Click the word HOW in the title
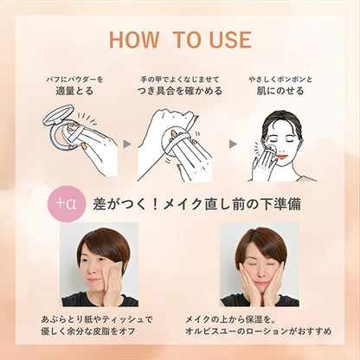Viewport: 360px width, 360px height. click(134, 40)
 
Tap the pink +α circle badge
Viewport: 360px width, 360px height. click(67, 203)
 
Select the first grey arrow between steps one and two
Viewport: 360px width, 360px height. click(127, 144)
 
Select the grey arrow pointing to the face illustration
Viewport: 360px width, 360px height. click(233, 144)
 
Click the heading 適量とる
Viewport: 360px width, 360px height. click(74, 91)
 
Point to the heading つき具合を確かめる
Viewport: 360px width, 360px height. click(180, 91)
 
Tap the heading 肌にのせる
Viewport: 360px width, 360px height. click(280, 91)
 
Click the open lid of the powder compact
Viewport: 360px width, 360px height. click(58, 115)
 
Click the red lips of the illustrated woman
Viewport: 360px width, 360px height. click(283, 157)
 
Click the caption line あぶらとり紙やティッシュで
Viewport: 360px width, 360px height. click(97, 319)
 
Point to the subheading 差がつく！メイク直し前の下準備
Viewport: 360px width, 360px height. click(196, 204)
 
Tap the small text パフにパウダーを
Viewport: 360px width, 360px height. click(74, 79)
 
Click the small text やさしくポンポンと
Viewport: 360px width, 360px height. click(280, 79)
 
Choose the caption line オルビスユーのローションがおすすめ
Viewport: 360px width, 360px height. click(259, 331)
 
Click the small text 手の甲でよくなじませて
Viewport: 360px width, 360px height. click(180, 79)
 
